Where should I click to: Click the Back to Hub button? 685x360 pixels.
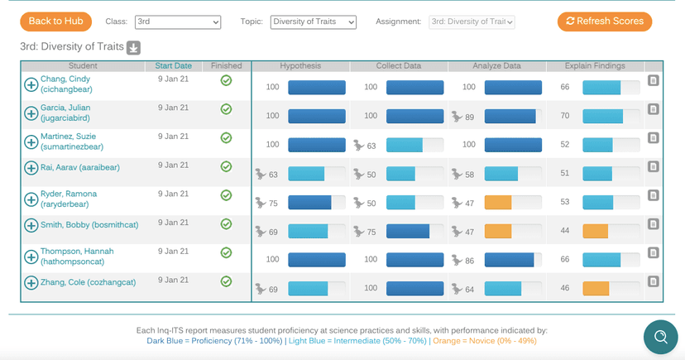coord(55,22)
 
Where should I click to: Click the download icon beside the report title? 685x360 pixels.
coord(134,47)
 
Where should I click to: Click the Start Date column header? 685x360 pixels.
coord(173,66)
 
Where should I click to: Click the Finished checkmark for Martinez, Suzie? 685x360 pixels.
coord(226,137)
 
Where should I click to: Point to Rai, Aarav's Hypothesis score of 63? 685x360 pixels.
coord(272,175)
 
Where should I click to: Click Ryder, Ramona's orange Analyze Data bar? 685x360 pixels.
coord(498,203)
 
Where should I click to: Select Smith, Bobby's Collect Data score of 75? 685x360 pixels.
coord(371,232)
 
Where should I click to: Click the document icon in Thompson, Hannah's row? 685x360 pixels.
coord(654,253)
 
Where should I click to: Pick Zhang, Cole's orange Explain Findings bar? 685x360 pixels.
coord(596,289)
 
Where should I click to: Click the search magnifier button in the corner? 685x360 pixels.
coord(660,336)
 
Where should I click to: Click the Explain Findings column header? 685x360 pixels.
coord(595,66)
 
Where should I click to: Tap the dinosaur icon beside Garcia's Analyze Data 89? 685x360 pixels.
coord(457,117)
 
